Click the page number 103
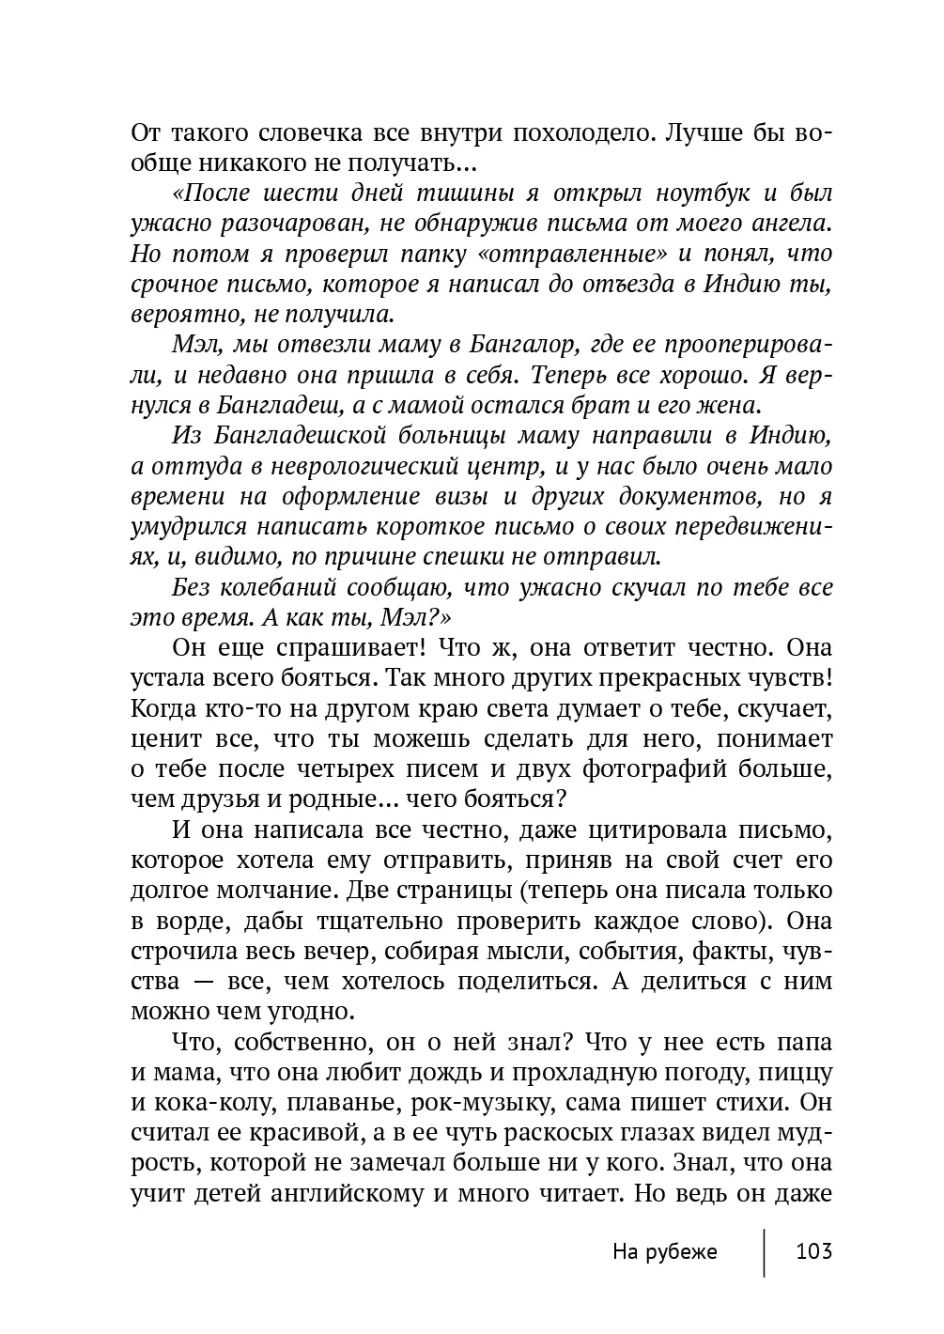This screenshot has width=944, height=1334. pos(813,1251)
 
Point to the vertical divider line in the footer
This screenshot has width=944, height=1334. pos(764,1251)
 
